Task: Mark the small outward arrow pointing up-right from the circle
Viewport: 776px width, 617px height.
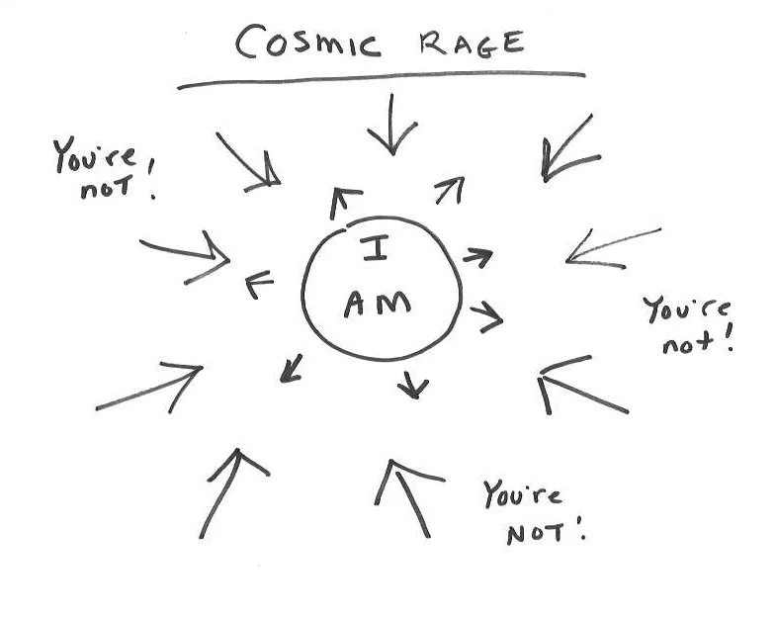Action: [x=450, y=190]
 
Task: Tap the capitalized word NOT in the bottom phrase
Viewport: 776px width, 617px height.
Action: [x=538, y=534]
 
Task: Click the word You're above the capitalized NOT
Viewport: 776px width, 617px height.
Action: [x=523, y=493]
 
